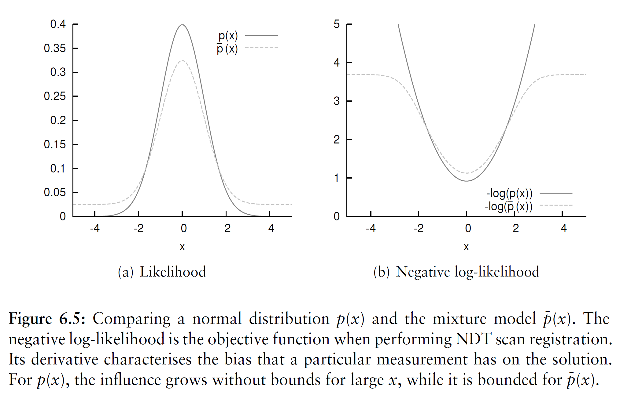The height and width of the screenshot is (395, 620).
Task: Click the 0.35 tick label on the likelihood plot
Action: pos(55,48)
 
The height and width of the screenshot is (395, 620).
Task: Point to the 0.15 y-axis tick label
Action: pos(55,144)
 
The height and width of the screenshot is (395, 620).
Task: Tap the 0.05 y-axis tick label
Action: pos(55,192)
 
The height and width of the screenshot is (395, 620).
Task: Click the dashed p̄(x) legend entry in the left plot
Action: pos(247,48)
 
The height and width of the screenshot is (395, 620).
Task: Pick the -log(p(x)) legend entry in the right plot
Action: pos(529,193)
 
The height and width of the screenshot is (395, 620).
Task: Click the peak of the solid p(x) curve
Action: pos(182,25)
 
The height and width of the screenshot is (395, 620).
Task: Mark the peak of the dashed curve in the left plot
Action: pos(182,60)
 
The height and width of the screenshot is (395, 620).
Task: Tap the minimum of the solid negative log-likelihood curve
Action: pos(467,181)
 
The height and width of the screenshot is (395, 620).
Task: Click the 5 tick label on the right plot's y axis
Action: pos(337,24)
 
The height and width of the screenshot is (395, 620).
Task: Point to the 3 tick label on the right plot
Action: pos(337,101)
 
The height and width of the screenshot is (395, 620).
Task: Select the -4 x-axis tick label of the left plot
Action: pos(95,228)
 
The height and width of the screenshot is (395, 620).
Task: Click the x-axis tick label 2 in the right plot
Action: pos(516,228)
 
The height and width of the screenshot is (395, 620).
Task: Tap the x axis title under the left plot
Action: pos(182,247)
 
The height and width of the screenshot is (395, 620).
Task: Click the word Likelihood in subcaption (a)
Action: pos(173,272)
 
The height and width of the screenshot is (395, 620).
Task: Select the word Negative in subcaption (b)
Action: pos(423,272)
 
